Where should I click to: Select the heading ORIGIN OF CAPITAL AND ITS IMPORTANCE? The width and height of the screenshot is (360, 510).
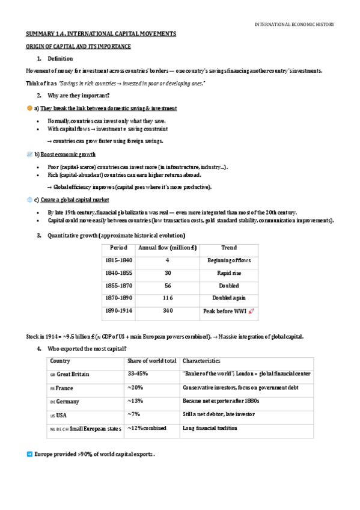[78, 46]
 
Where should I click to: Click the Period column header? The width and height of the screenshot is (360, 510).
[118, 248]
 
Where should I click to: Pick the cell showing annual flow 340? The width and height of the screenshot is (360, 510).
[168, 310]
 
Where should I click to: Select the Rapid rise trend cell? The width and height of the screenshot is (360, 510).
[228, 273]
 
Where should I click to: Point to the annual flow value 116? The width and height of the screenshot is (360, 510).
[168, 298]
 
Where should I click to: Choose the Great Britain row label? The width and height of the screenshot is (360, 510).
[73, 374]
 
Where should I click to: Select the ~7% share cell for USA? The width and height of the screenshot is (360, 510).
[133, 414]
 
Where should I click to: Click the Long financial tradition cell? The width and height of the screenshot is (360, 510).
[210, 428]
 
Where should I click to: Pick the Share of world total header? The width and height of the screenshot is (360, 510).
[152, 361]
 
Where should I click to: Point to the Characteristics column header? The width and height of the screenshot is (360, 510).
[201, 361]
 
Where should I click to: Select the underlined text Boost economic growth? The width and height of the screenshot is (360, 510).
[66, 155]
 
